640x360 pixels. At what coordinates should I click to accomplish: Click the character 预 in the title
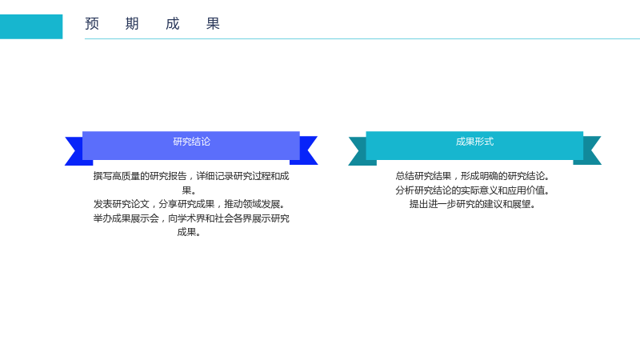(92, 24)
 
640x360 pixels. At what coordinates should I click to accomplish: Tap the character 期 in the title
(132, 24)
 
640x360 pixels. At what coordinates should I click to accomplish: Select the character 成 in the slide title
(173, 24)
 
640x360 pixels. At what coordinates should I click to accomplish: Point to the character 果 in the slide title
(213, 24)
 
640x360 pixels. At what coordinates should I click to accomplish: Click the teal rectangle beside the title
(31, 26)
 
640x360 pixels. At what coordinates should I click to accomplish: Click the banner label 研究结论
(191, 142)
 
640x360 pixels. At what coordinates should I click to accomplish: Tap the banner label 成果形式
(474, 142)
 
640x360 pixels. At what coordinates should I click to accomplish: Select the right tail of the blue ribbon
(306, 150)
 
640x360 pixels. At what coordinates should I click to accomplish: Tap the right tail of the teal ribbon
(590, 150)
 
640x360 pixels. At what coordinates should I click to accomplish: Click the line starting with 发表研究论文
(190, 204)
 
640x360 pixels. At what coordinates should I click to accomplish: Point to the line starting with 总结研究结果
(473, 176)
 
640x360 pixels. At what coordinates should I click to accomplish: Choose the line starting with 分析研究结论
(473, 190)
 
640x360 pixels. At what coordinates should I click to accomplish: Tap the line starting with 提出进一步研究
(473, 204)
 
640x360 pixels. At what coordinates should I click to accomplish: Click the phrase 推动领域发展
(254, 204)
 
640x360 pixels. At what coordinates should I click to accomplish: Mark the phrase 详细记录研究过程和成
(243, 176)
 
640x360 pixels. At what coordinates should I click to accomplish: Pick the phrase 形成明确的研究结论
(506, 176)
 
